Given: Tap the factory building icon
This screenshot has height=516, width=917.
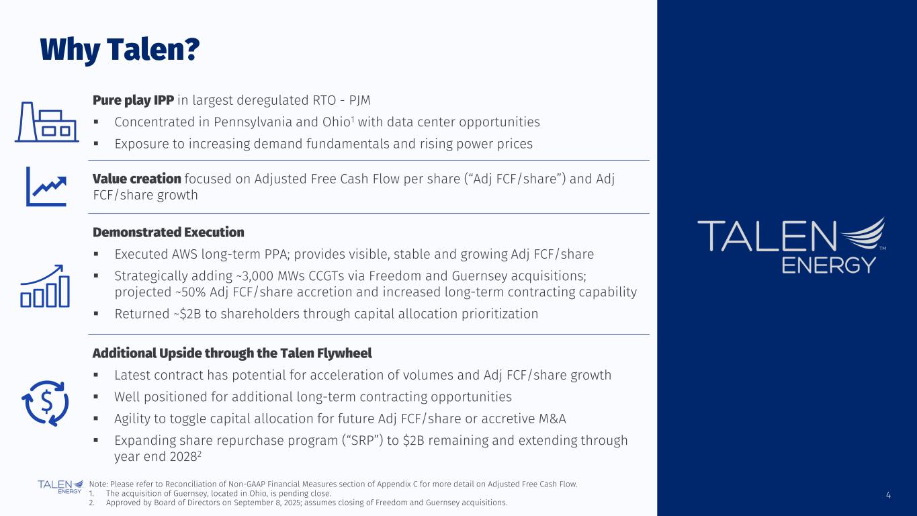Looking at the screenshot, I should (46, 122).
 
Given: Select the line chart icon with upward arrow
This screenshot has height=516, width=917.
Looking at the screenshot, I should (47, 186).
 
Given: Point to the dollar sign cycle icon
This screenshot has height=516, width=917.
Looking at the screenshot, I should (46, 402).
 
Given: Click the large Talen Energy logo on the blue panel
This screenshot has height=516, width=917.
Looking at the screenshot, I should (791, 245).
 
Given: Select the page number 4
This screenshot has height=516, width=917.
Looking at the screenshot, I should (888, 495).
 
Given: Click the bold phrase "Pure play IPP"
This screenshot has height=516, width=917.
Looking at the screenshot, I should (133, 100).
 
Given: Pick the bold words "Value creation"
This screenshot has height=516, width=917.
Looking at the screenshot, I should (136, 179).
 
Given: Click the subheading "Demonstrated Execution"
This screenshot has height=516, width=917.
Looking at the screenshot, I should (168, 232).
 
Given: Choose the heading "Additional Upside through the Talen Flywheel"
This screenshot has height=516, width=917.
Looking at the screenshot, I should (232, 353).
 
